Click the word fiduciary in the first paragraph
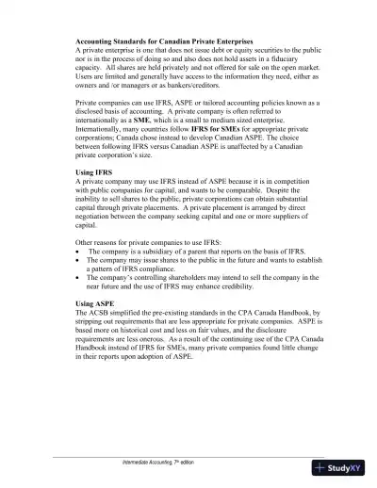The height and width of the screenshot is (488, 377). pos(286,62)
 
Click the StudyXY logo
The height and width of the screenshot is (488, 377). pos(342,467)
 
